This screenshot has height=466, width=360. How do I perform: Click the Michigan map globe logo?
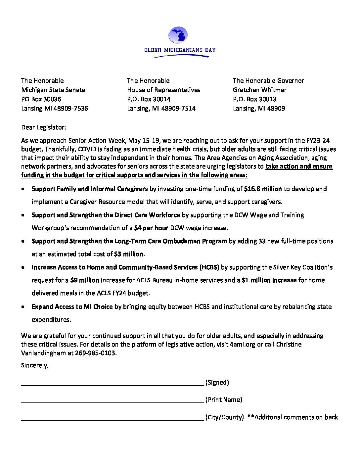(178, 35)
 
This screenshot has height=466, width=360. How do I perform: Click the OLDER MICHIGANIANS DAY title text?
(180, 50)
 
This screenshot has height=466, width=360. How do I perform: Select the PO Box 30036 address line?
(41, 99)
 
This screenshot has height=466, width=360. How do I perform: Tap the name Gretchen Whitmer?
(259, 90)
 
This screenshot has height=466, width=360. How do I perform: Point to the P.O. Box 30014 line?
(149, 99)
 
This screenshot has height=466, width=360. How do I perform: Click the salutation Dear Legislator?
(43, 127)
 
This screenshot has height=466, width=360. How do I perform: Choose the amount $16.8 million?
(263, 189)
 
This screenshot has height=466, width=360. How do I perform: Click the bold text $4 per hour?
(151, 228)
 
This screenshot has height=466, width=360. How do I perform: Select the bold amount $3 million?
(129, 254)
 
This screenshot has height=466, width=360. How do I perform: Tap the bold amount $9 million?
(85, 280)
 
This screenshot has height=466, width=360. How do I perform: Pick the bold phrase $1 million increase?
(269, 280)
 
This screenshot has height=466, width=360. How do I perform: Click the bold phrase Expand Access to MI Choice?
(72, 306)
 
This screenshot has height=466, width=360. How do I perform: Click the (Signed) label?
(217, 382)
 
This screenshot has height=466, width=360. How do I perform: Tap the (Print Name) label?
(224, 399)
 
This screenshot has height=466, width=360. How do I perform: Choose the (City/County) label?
(224, 417)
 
